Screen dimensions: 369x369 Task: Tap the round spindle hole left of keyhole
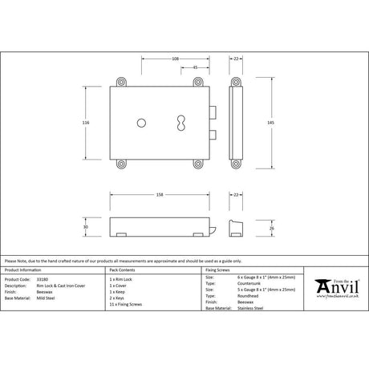click(140, 122)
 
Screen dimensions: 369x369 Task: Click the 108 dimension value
click(175, 59)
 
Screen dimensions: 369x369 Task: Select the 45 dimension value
click(196, 67)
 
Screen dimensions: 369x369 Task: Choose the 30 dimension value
click(86, 226)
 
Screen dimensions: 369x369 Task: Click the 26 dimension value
click(272, 229)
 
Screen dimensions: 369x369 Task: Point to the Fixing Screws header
click(219, 270)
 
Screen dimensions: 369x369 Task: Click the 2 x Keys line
click(118, 297)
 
